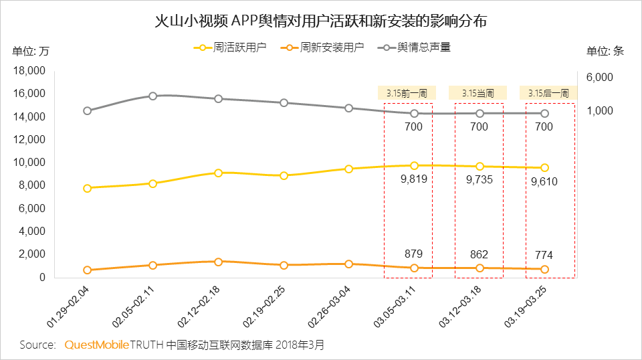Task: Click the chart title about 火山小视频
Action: [320, 21]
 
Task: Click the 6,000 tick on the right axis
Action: [599, 77]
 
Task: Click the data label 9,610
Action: [544, 181]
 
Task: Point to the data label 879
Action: [414, 254]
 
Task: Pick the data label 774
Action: [544, 256]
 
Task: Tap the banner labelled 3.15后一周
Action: [548, 93]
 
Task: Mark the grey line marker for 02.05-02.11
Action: [152, 96]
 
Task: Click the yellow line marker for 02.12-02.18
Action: [218, 173]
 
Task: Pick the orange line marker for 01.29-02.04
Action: [87, 270]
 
